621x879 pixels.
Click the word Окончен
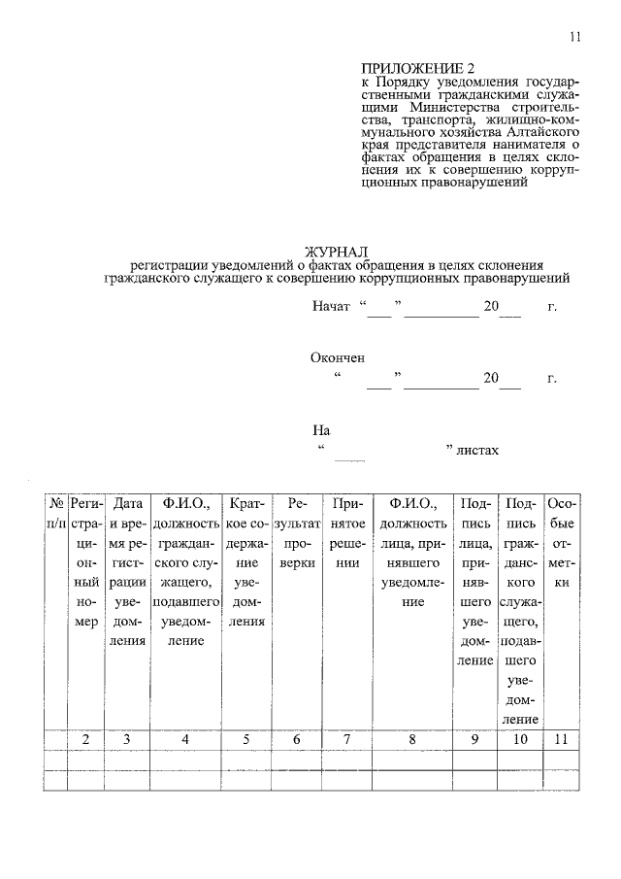click(x=338, y=357)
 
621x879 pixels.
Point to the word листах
click(x=477, y=451)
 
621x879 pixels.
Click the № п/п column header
click(x=55, y=514)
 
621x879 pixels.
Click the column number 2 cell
click(x=85, y=740)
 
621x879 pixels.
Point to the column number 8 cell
click(x=411, y=740)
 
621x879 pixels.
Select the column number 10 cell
click(x=520, y=740)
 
